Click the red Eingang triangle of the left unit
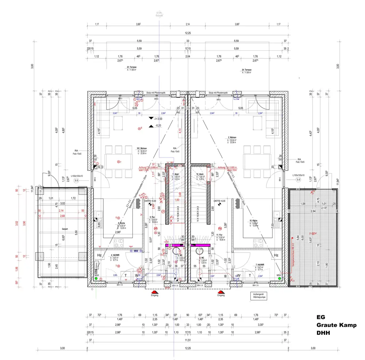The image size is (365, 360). pos(155,292)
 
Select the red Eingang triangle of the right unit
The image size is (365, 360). pos(221,292)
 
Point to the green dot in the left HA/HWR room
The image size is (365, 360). pos(96,278)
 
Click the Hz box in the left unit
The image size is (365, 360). pos(99,255)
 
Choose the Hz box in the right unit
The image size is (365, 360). pos(276,255)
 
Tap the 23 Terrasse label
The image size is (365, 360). pos(131,67)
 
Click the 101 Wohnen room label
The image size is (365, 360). pos(142,148)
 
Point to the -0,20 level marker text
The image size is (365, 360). pos(158,125)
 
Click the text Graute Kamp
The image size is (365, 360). pos(336,325)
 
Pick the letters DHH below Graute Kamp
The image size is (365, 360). pos(323,333)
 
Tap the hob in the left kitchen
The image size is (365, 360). pos(119,242)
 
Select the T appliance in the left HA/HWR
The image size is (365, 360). pos(126,275)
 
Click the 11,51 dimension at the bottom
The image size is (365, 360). pos(188,340)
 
